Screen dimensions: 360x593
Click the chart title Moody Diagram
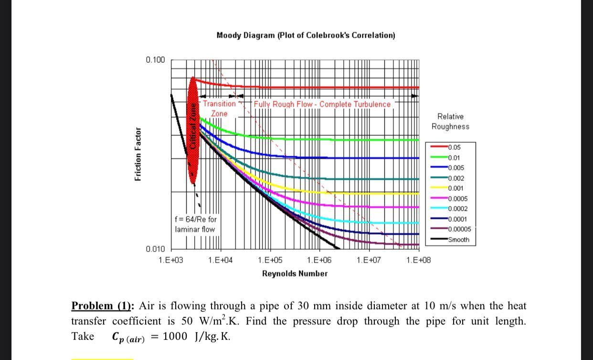pyautogui.click(x=306, y=36)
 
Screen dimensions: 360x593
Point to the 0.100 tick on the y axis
pyautogui.click(x=155, y=60)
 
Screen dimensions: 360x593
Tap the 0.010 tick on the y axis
pyautogui.click(x=155, y=249)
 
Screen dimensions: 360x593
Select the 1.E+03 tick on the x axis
pyautogui.click(x=170, y=260)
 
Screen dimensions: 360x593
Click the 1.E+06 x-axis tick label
pyautogui.click(x=319, y=260)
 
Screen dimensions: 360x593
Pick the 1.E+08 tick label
pyautogui.click(x=418, y=260)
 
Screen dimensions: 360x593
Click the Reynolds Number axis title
pyautogui.click(x=295, y=274)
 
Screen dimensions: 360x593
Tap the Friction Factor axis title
pyautogui.click(x=138, y=154)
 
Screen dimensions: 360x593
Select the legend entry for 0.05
pyautogui.click(x=454, y=147)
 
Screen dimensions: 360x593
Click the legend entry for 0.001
pyautogui.click(x=455, y=188)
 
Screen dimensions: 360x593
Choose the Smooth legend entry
pyautogui.click(x=458, y=240)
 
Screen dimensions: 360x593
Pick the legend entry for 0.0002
pyautogui.click(x=457, y=209)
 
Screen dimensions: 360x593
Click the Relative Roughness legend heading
pyautogui.click(x=450, y=121)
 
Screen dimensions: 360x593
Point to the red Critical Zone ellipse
pyautogui.click(x=193, y=130)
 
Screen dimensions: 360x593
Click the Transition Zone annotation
pyautogui.click(x=219, y=108)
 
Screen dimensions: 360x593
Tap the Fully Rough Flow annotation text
pyautogui.click(x=322, y=104)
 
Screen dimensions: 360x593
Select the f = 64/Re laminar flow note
pyautogui.click(x=195, y=224)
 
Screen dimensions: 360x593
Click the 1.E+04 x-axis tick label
pyautogui.click(x=220, y=260)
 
